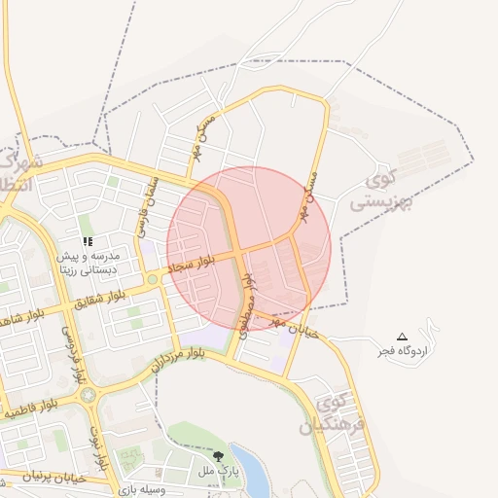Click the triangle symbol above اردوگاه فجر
[403, 336]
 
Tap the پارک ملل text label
[219, 471]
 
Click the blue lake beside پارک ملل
[250, 472]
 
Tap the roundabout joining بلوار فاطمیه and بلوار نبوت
[89, 396]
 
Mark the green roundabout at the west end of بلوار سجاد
[153, 280]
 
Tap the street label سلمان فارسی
[144, 204]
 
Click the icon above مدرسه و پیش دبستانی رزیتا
[88, 241]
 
